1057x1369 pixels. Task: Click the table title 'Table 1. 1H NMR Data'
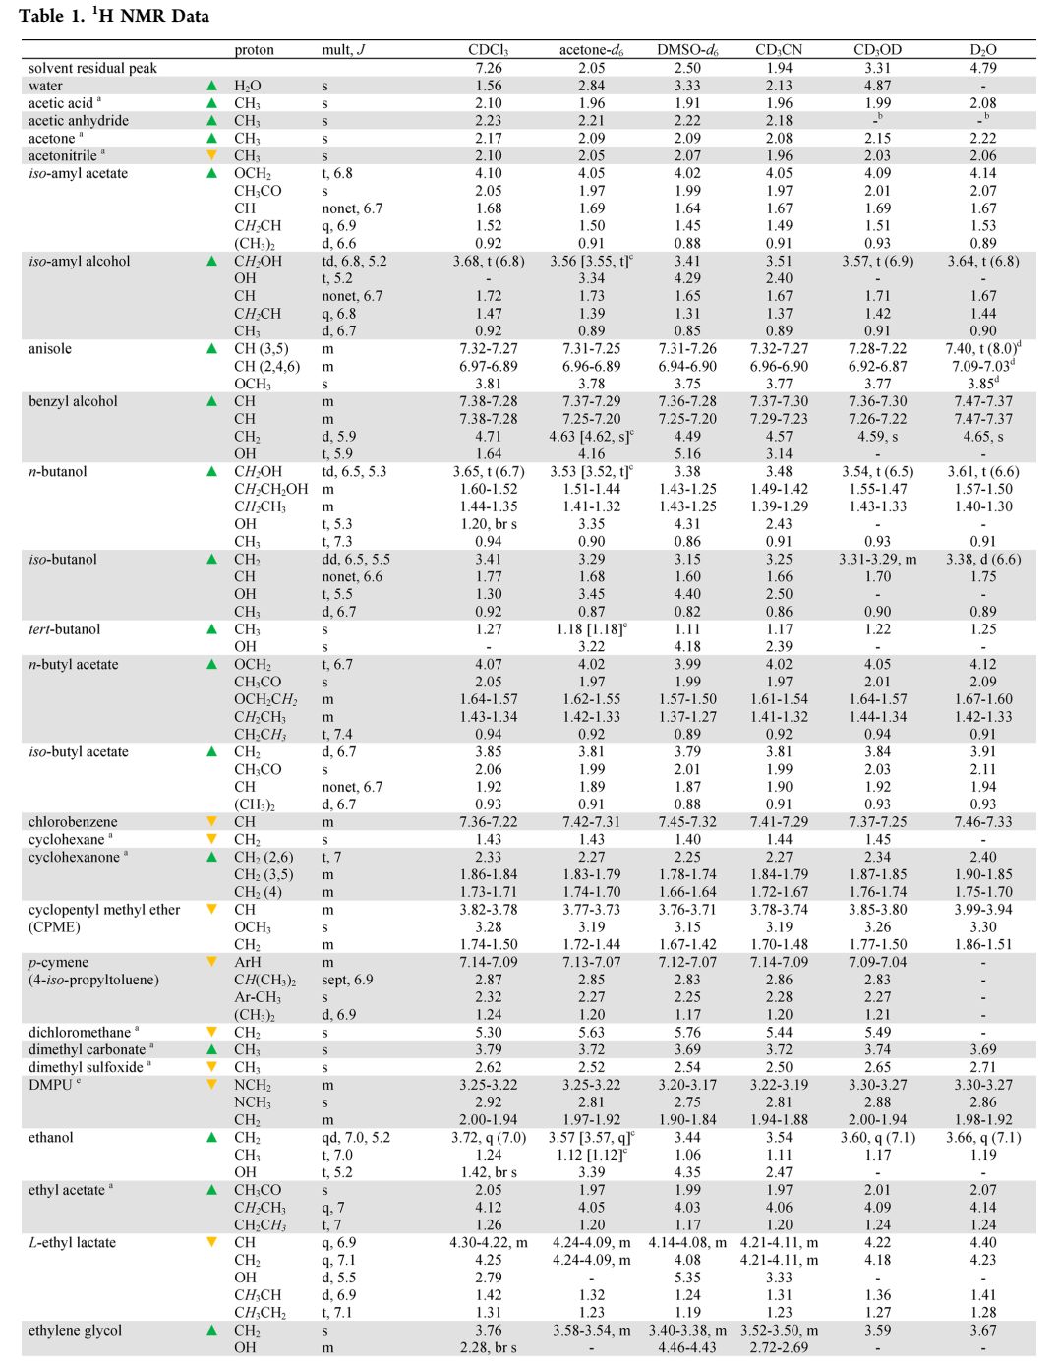tap(114, 16)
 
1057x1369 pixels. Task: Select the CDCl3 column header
tap(488, 50)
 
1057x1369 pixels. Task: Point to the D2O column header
tap(982, 50)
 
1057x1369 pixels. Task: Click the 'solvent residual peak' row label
tap(92, 68)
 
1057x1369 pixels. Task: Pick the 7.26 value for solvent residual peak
tap(488, 68)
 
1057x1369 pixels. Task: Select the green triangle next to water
tap(211, 86)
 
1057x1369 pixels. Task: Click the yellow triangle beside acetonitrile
tap(211, 155)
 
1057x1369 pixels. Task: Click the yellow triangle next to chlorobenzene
tap(211, 821)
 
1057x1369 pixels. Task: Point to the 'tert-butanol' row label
tap(65, 629)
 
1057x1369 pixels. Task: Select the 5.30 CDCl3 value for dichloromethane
tap(488, 1033)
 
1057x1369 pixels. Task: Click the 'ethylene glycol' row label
tap(76, 1331)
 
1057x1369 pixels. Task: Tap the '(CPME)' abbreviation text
tap(55, 927)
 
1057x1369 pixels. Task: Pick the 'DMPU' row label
tap(51, 1085)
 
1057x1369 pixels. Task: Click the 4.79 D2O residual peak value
tap(982, 68)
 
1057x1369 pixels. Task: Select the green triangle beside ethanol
tap(211, 1137)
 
